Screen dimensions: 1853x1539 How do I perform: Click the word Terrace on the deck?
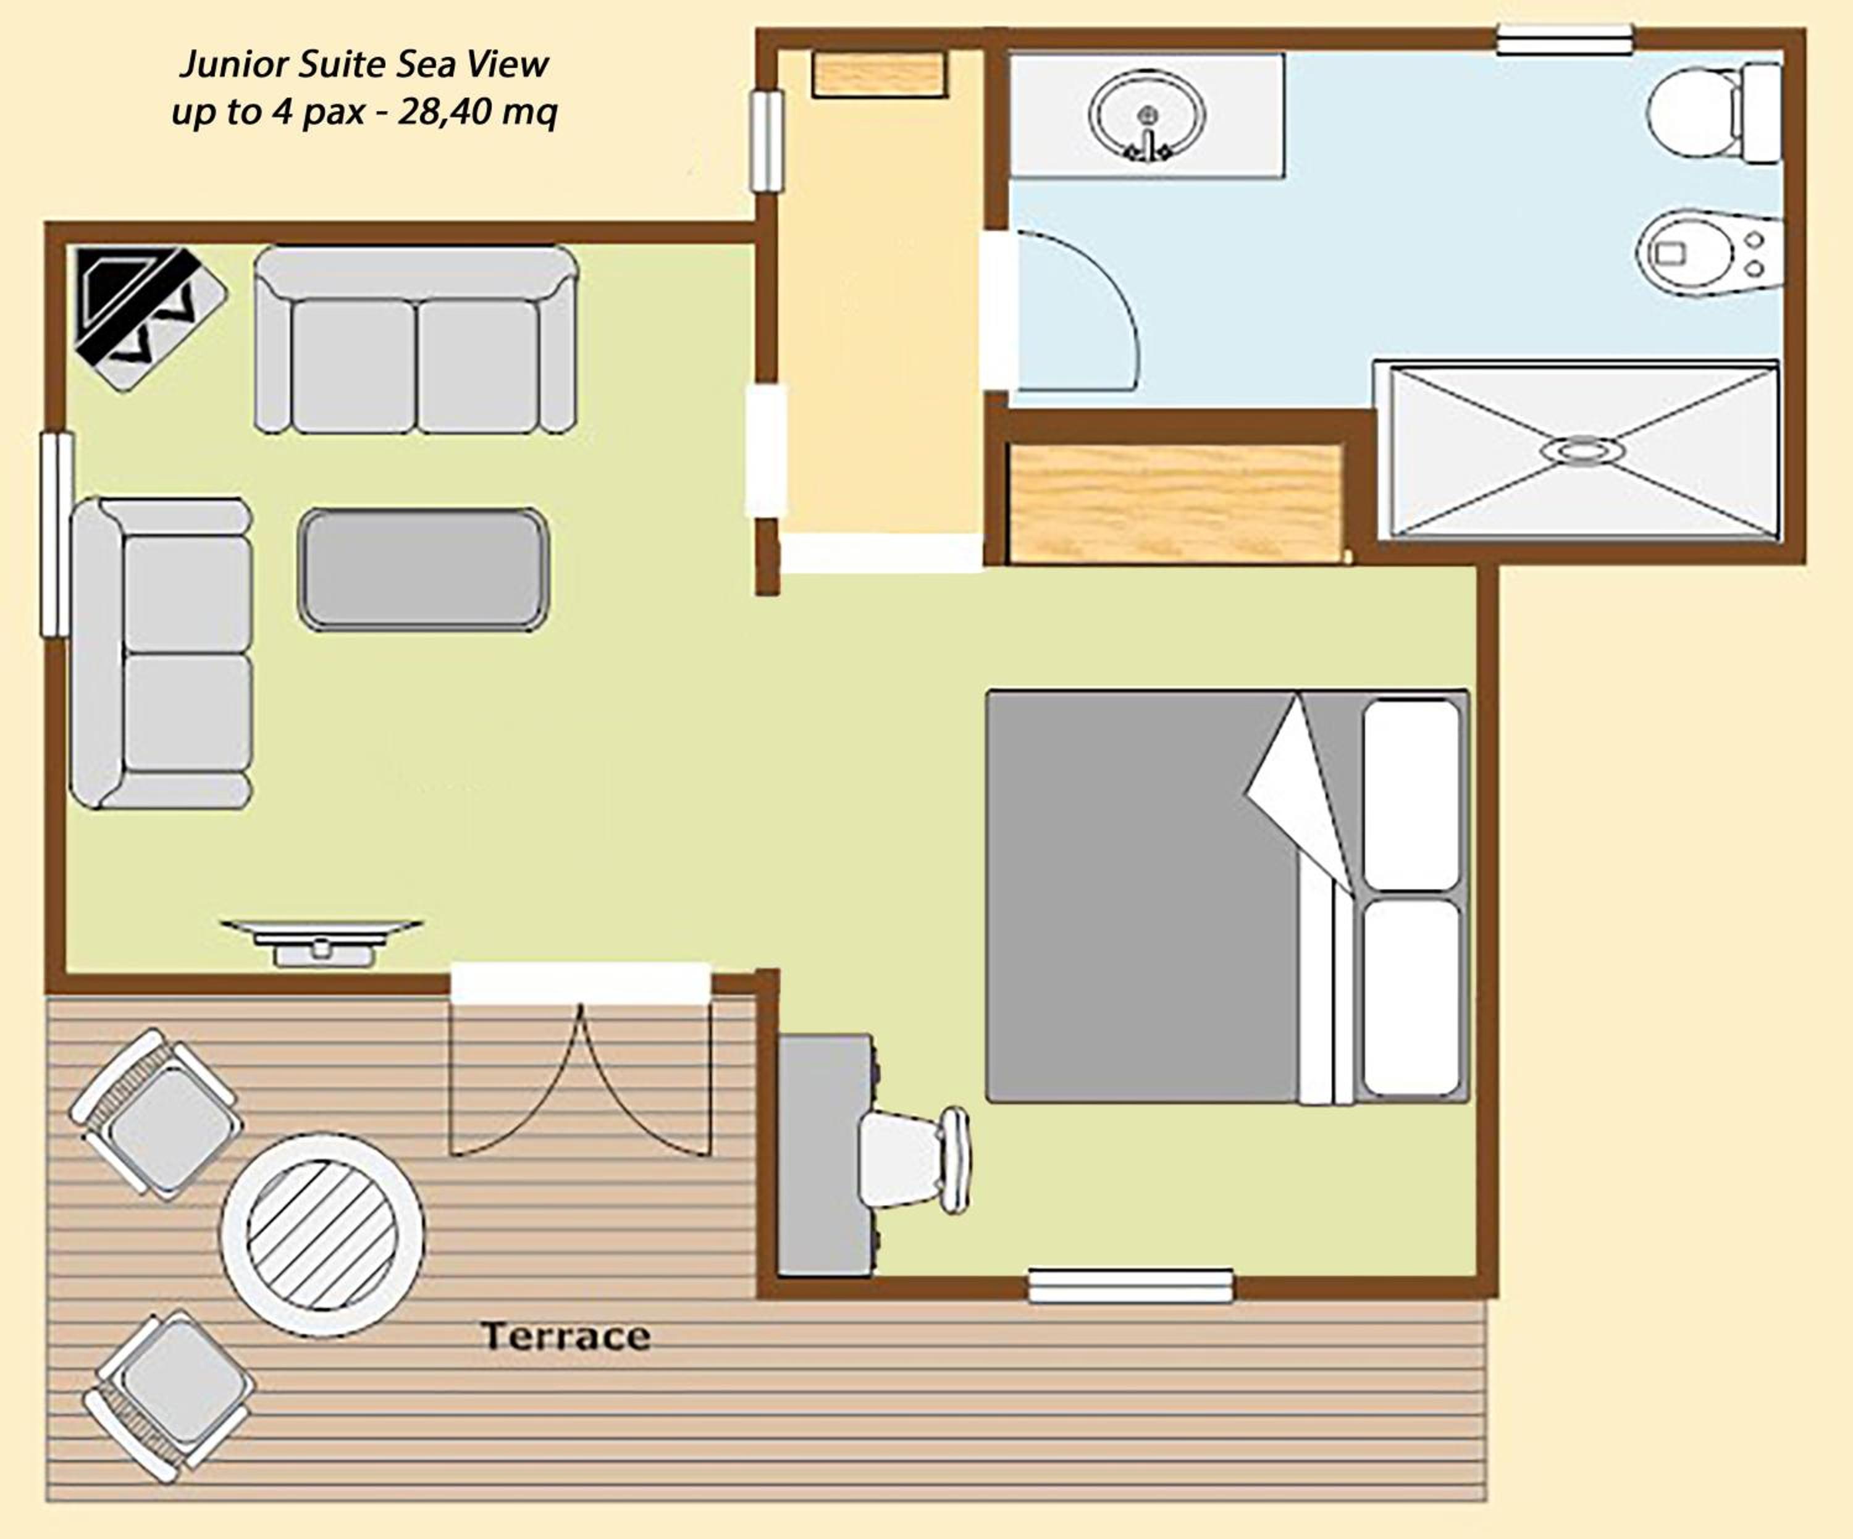point(566,1336)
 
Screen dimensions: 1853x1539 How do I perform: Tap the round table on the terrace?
point(322,1235)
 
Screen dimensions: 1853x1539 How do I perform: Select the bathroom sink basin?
point(1146,115)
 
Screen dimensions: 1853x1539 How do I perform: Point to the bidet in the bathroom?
point(1707,253)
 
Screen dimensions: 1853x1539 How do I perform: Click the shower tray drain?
point(1583,451)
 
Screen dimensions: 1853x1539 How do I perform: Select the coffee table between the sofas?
point(424,570)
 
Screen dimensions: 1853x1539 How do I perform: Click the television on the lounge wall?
point(321,942)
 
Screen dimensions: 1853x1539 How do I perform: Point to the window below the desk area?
point(1130,1286)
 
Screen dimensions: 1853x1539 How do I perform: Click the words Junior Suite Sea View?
point(364,64)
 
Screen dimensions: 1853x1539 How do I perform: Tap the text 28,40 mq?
point(477,112)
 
